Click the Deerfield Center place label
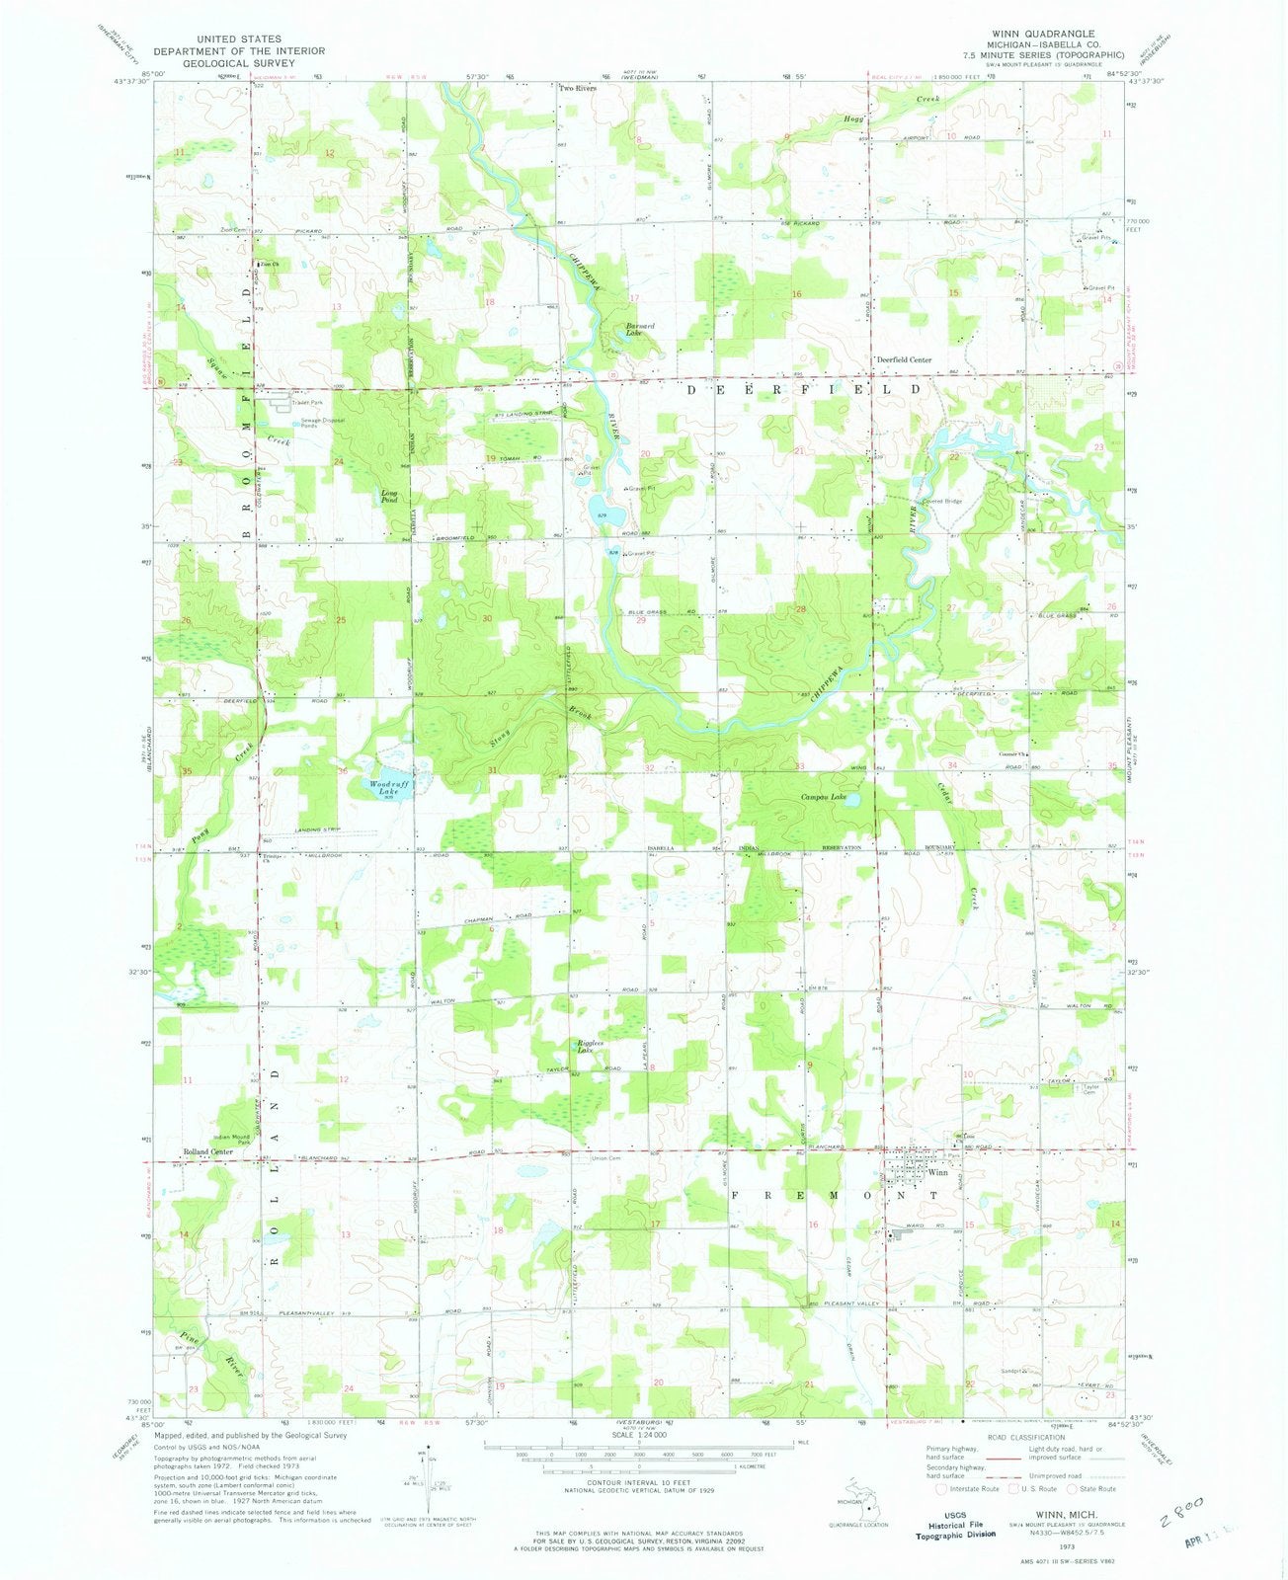click(905, 360)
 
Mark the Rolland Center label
click(206, 1151)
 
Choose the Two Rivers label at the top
click(579, 88)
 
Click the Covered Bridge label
click(941, 502)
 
